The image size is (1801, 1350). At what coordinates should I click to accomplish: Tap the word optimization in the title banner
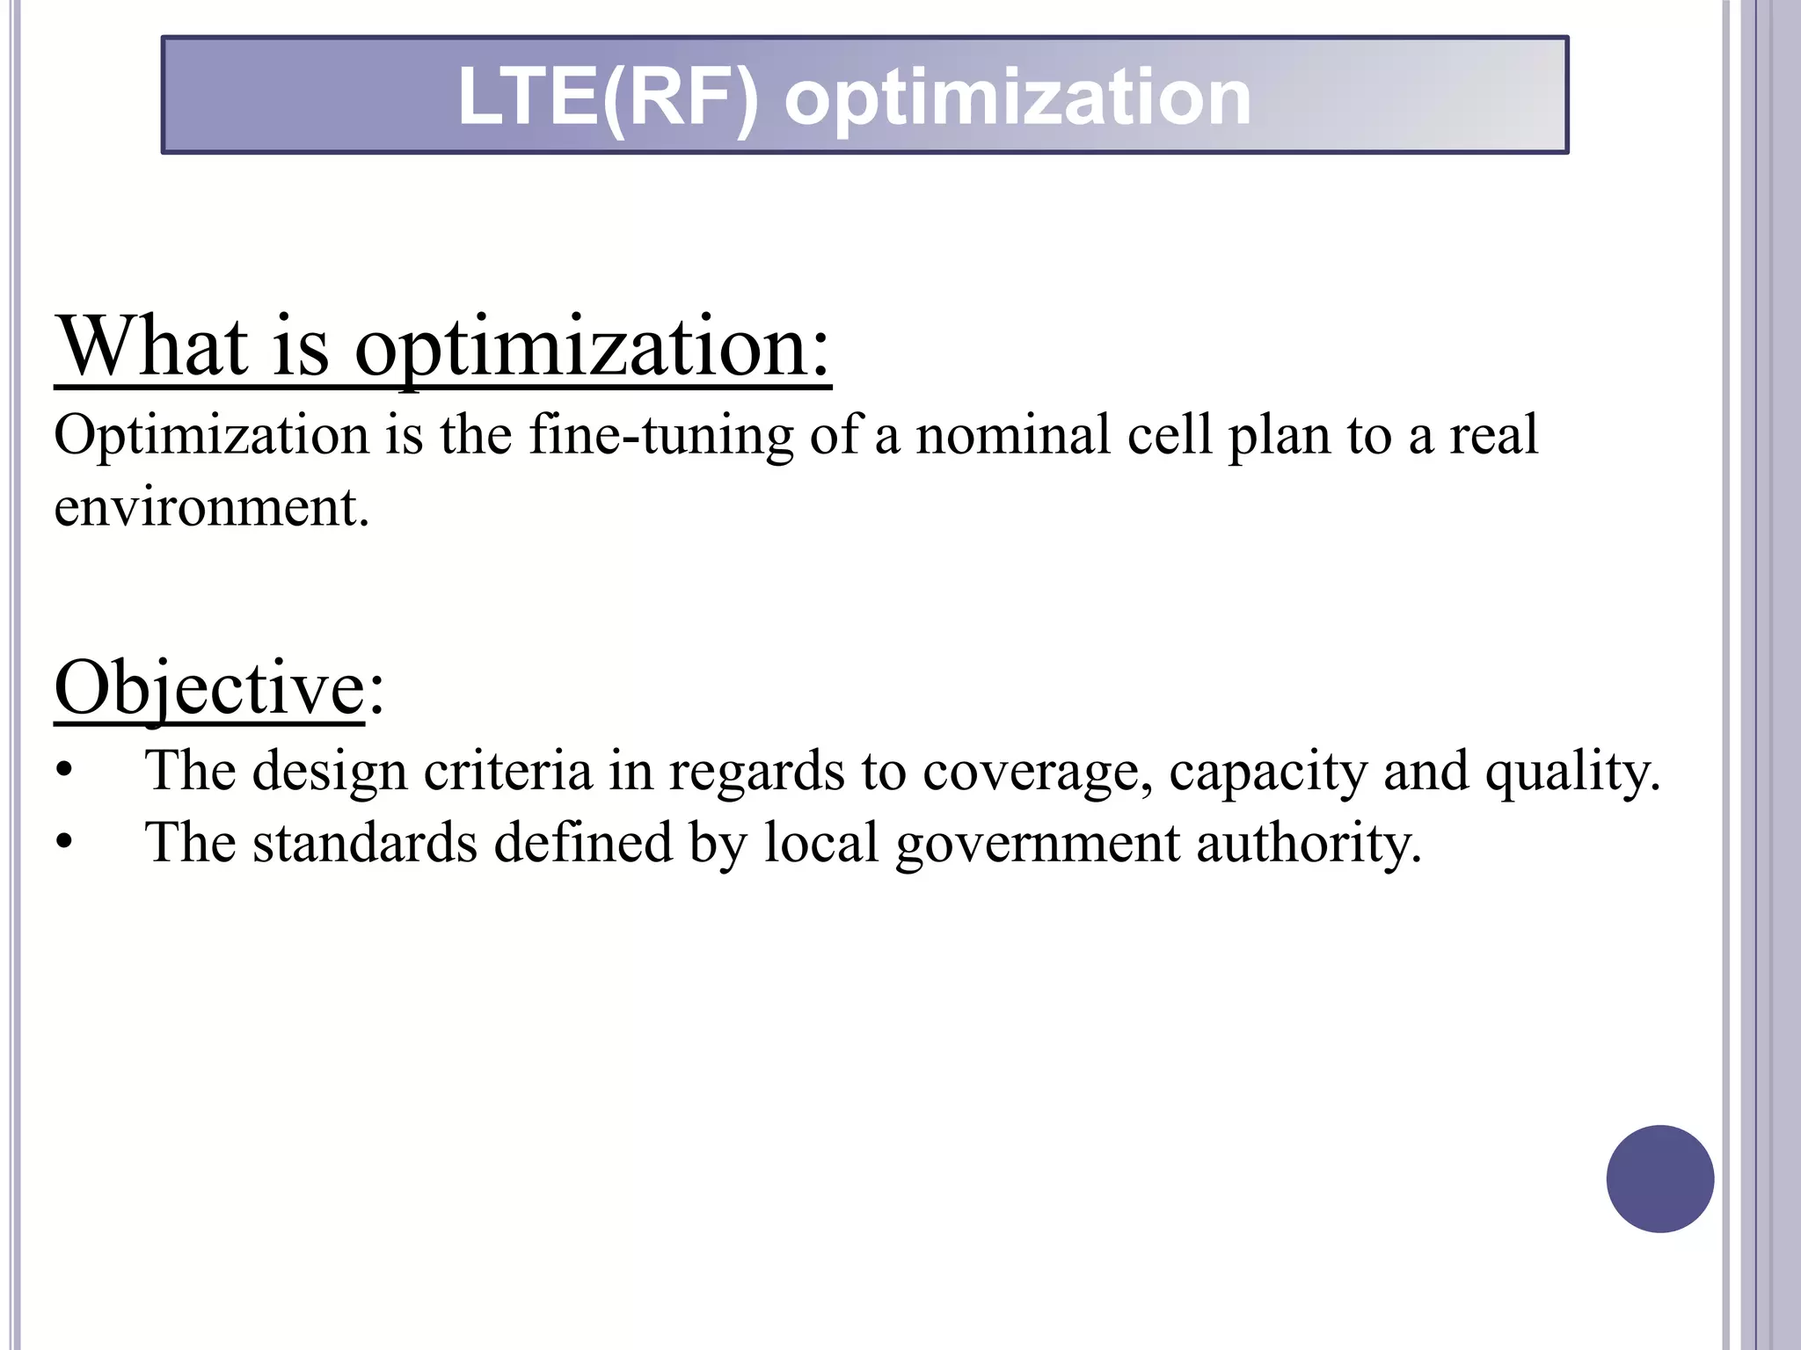[x=1017, y=97]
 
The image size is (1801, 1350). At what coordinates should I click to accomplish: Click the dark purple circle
[x=1659, y=1179]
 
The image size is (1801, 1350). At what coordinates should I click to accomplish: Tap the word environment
[x=211, y=507]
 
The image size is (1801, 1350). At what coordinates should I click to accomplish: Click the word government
[x=1038, y=843]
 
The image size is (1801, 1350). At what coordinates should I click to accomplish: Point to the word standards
[x=365, y=843]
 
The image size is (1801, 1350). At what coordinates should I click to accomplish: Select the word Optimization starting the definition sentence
[x=211, y=435]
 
